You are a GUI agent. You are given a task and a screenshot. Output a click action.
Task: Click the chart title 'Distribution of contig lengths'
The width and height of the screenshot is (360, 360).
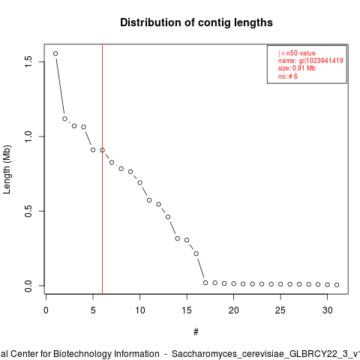196,22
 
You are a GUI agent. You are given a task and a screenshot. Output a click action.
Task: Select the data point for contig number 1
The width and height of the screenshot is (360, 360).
55,53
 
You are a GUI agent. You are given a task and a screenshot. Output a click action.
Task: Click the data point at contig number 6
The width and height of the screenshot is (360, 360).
103,150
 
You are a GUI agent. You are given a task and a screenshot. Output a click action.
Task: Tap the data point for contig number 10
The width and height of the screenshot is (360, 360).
140,183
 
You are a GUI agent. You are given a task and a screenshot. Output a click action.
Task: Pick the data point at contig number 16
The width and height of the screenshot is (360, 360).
196,253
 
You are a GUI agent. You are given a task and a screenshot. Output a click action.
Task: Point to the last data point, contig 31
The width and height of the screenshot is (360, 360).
337,285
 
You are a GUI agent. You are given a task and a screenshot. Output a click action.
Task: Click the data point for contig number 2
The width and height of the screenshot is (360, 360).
65,118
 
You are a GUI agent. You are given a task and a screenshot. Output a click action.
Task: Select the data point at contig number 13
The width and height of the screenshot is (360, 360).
168,217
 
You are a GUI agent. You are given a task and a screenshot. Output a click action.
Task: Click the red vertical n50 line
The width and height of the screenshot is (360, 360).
103,169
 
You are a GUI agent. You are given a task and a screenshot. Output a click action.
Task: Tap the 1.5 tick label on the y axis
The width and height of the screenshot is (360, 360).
28,61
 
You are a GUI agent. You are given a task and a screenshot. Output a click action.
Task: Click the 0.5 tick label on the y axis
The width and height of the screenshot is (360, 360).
28,211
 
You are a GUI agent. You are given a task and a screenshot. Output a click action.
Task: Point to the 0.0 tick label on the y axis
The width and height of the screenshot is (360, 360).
28,286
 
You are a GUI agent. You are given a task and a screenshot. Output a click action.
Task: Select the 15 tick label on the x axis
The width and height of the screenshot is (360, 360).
187,310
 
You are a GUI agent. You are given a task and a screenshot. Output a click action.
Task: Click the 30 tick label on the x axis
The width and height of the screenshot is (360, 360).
328,310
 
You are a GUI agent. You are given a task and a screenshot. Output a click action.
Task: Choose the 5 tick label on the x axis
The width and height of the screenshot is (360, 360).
93,310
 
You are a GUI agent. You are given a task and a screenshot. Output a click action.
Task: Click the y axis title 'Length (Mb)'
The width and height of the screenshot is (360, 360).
7,169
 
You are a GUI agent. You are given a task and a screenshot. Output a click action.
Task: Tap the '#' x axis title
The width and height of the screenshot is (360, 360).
196,332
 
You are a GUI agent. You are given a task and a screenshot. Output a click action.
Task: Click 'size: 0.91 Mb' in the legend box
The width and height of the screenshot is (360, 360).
297,68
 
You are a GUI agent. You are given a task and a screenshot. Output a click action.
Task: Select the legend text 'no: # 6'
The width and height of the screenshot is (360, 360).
288,76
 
